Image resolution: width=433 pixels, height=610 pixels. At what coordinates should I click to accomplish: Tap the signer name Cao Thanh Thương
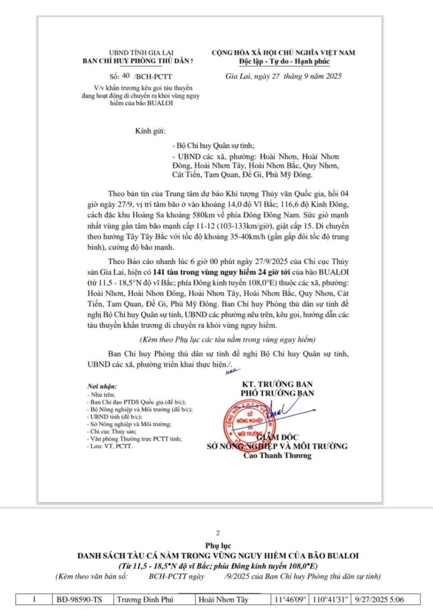point(277,455)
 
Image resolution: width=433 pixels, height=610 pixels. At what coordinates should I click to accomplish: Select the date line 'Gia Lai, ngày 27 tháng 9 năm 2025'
point(283,76)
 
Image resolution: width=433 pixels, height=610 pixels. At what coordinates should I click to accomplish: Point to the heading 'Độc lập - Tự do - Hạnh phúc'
point(284,62)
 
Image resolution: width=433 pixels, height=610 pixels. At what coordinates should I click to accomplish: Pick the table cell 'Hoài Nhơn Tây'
point(222,599)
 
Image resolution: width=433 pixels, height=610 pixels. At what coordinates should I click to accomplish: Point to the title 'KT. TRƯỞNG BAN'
point(277,384)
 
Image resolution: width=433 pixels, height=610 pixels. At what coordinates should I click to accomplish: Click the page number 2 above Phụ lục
point(218,533)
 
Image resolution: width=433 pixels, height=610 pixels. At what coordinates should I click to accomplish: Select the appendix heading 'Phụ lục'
point(217,545)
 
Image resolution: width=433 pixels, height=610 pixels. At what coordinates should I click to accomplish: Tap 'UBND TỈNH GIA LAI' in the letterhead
point(138,53)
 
